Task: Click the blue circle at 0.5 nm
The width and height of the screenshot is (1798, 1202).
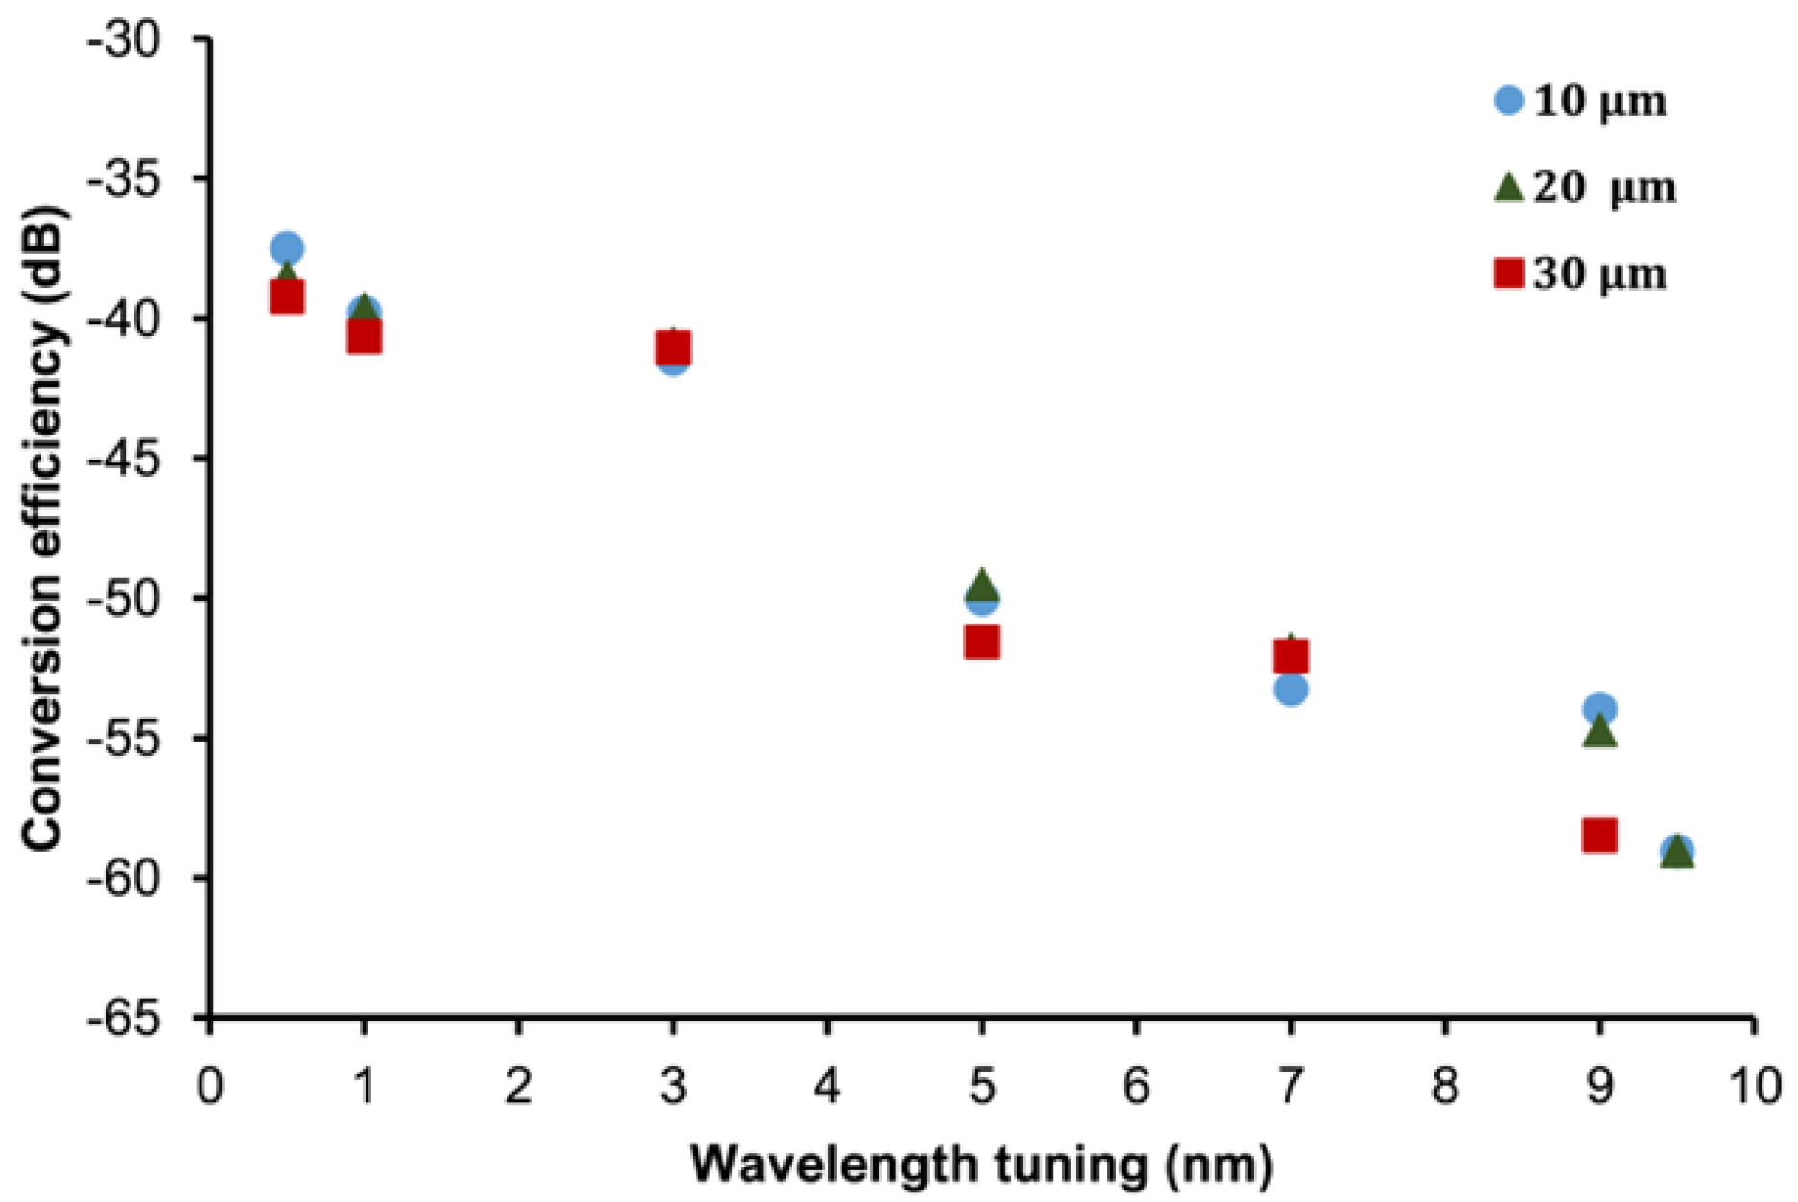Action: [287, 248]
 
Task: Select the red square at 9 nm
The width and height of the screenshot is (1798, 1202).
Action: [1599, 835]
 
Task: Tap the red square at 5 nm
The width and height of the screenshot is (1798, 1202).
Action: [982, 642]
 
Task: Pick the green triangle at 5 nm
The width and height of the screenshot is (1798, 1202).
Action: [982, 582]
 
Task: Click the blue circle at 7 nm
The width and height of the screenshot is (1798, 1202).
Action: [1291, 689]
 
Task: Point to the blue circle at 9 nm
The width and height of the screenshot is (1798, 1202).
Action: [1599, 709]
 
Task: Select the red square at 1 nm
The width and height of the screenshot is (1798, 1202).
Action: [364, 337]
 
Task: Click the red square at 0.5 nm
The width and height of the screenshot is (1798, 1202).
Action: [287, 297]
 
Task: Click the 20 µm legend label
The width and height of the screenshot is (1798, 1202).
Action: [1604, 188]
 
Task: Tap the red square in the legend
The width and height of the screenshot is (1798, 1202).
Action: [1509, 274]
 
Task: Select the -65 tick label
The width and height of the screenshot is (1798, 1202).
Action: [134, 1019]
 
